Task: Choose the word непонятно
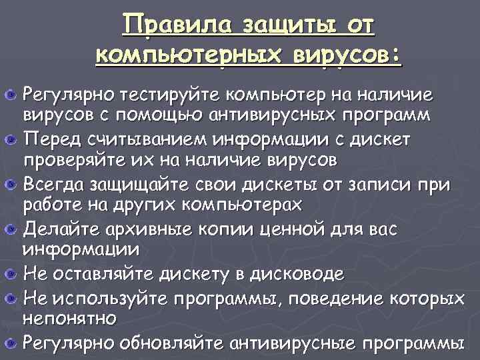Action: pos(71,319)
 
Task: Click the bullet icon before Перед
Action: pos(11,139)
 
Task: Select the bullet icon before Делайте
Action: pos(11,230)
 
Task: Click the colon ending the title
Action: pos(397,55)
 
